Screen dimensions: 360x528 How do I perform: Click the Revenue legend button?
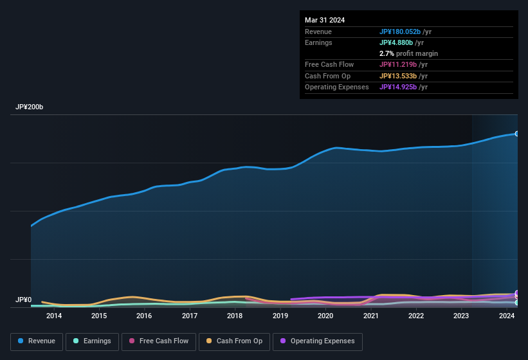tap(37, 341)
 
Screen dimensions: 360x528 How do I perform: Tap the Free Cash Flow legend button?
tap(159, 341)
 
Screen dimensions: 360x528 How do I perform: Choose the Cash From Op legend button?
tap(234, 341)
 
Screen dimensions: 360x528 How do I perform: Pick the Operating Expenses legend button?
tap(317, 341)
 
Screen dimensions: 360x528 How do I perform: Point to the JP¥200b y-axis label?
tap(30, 107)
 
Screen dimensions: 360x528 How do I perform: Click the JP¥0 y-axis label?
tap(23, 300)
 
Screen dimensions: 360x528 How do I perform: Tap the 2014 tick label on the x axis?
tap(54, 316)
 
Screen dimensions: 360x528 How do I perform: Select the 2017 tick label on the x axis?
tap(190, 316)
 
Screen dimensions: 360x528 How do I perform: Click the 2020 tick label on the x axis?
tap(325, 316)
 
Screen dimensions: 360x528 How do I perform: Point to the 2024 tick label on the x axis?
tap(507, 316)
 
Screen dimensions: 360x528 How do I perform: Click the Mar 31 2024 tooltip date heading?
tap(325, 20)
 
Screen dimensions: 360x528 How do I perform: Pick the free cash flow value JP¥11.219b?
tap(401, 64)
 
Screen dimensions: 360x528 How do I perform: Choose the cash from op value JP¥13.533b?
tap(401, 76)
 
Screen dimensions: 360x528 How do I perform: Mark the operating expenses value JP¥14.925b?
tap(401, 87)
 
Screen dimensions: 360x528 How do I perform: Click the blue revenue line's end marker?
tap(517, 134)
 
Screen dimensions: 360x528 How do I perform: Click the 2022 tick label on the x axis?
tap(416, 316)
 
